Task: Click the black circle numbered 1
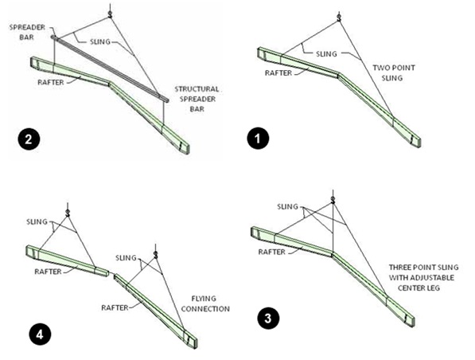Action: [x=258, y=139]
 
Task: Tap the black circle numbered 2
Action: [x=29, y=139]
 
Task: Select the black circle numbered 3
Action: [x=268, y=319]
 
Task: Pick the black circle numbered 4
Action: [x=40, y=335]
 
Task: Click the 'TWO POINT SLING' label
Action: [x=393, y=72]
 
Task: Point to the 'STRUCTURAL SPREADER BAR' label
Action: [x=197, y=99]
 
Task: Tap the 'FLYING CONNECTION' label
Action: [x=205, y=303]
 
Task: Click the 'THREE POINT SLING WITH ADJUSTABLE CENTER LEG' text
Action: [x=423, y=277]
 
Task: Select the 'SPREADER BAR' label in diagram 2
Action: [x=27, y=32]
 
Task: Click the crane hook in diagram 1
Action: [x=339, y=18]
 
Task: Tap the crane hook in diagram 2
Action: [x=111, y=13]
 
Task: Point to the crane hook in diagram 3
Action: [x=333, y=200]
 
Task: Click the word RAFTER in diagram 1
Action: [x=278, y=72]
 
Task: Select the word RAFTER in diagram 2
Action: [x=51, y=82]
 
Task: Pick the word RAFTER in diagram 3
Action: [x=272, y=252]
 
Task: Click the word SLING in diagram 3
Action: [x=287, y=206]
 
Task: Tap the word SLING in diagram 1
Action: [x=326, y=54]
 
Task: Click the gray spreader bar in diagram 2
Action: [x=111, y=68]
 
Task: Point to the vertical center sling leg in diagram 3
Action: [x=333, y=229]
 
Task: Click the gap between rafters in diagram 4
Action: [x=111, y=274]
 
